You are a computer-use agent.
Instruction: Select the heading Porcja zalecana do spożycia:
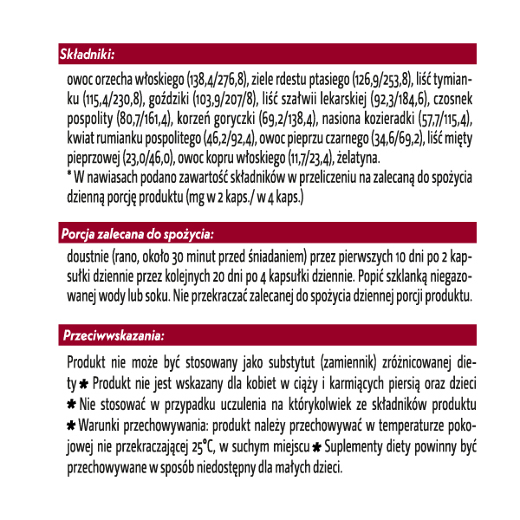137,234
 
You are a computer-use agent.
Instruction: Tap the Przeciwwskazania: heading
114,334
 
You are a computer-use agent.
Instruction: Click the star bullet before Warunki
71,426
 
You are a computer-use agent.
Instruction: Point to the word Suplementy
357,446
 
